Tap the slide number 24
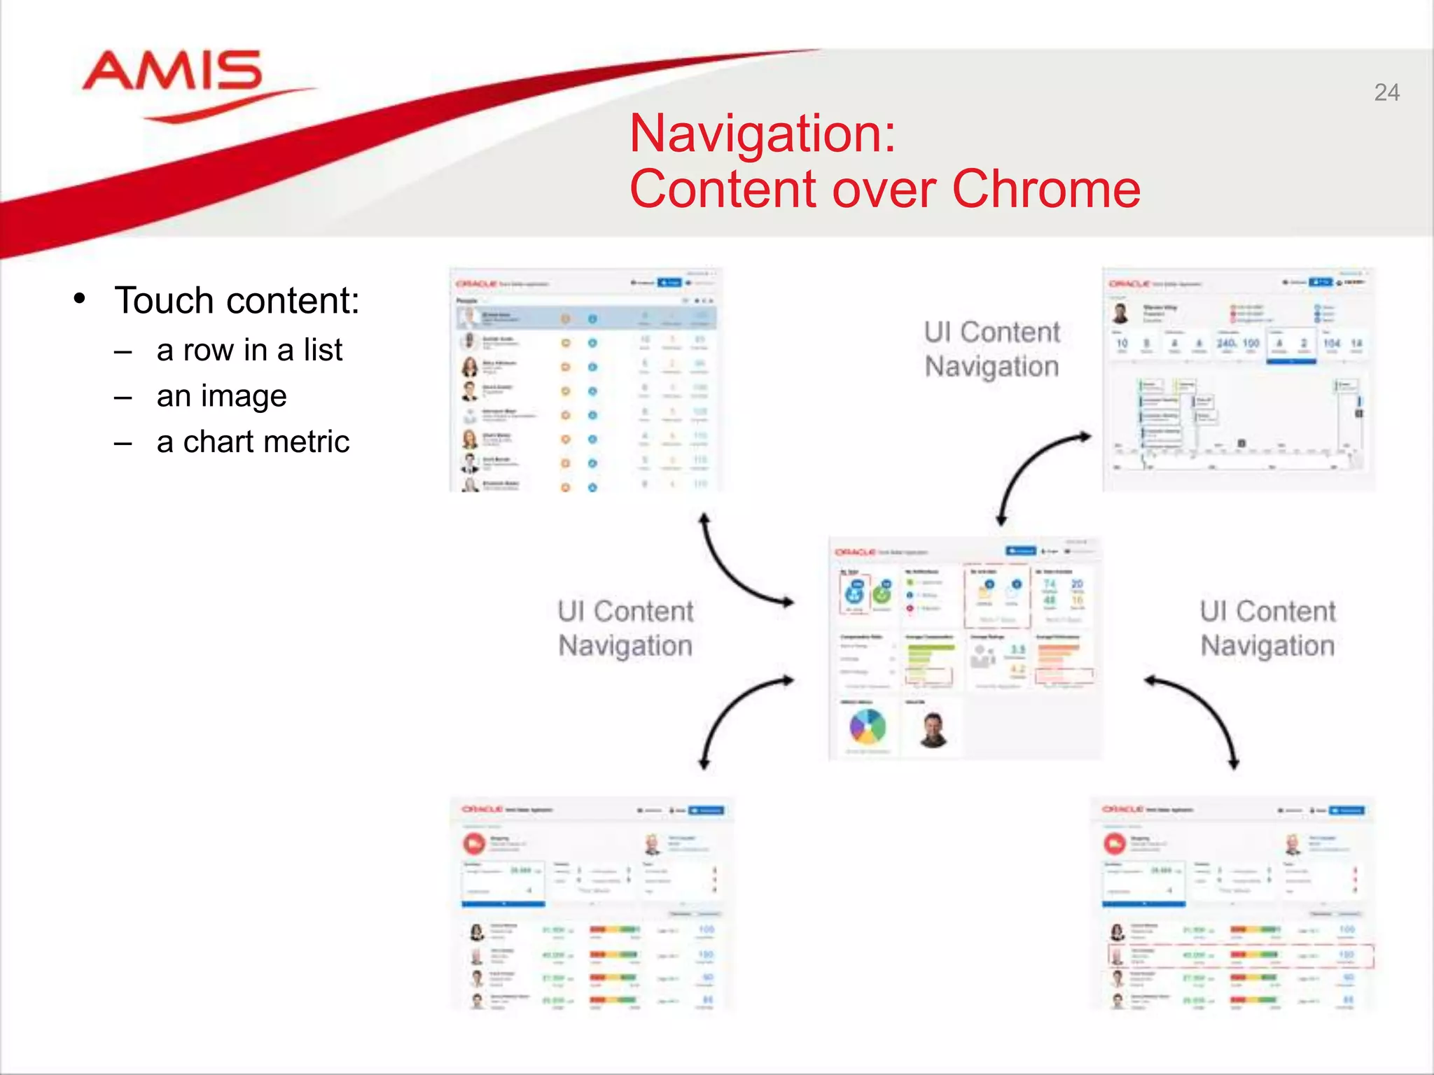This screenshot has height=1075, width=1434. [1386, 92]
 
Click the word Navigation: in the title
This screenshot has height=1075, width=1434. [763, 133]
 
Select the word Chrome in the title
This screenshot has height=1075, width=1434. [1046, 189]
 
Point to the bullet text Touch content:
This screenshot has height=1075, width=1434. [237, 301]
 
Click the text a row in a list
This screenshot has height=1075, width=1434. [249, 350]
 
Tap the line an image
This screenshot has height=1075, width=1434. [221, 396]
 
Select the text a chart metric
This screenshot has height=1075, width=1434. [253, 442]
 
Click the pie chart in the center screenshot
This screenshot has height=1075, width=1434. [868, 727]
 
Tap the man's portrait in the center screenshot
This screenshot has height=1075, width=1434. [933, 730]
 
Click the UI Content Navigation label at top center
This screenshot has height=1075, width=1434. [991, 349]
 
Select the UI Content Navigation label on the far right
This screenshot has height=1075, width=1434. [1267, 628]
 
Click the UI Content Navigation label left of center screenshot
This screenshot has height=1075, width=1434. [625, 628]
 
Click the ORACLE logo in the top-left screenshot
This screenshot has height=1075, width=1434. [476, 284]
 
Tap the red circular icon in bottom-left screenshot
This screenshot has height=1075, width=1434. [475, 843]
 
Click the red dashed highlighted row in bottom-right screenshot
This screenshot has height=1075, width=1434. [1240, 955]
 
